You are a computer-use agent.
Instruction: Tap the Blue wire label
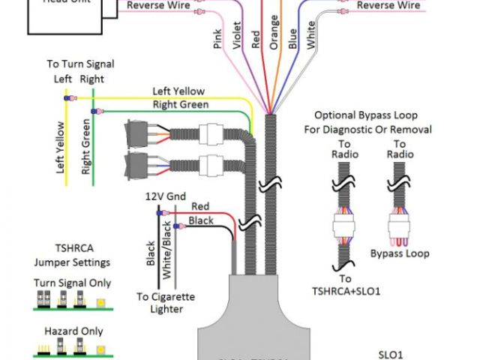(292, 38)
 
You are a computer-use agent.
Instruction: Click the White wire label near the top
(311, 35)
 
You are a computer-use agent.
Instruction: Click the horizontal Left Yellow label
(178, 91)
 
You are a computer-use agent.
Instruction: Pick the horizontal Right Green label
(181, 104)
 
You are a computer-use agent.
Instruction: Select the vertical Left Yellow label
(60, 148)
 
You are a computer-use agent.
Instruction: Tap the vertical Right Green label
(86, 146)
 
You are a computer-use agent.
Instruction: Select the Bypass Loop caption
(400, 253)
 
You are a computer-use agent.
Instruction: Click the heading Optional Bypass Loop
(372, 122)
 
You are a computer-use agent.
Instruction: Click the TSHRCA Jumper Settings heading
(72, 256)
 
